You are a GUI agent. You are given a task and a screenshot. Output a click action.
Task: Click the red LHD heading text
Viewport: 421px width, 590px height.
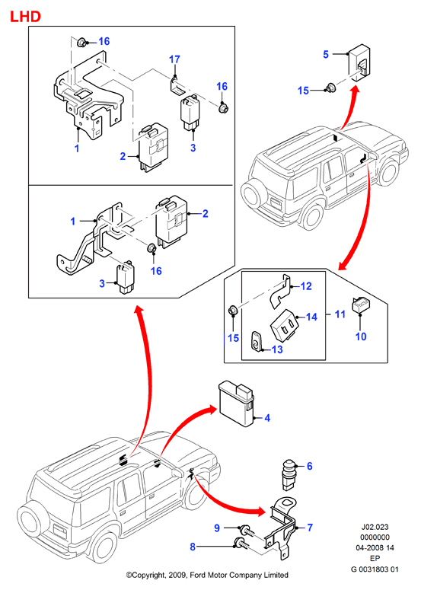pos(25,17)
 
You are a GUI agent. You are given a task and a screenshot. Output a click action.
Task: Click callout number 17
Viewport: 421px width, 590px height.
pos(174,59)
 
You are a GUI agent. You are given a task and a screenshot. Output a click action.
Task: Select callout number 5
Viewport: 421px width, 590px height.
pos(326,54)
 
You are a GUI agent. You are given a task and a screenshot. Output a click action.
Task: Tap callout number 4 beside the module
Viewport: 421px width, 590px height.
pos(267,418)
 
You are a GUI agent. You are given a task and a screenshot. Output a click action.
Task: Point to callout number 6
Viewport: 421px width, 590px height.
pos(310,466)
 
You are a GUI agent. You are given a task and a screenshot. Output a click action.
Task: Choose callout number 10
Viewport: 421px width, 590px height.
pos(361,336)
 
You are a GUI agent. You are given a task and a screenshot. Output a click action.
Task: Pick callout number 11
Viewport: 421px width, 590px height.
pos(340,314)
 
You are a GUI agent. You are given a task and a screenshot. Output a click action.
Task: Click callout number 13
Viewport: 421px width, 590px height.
pos(277,349)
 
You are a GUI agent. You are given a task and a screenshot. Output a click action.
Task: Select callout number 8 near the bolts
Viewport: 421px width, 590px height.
pos(193,547)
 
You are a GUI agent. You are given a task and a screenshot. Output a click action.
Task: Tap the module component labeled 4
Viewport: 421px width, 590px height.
pos(236,404)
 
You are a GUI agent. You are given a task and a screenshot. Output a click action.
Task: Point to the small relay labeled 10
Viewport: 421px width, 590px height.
pos(360,305)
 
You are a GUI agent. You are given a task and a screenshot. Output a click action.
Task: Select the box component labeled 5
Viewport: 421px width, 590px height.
pos(359,63)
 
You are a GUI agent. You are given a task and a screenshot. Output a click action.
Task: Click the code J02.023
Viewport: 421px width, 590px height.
pos(375,527)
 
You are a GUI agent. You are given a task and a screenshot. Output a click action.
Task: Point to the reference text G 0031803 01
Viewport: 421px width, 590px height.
pos(375,569)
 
